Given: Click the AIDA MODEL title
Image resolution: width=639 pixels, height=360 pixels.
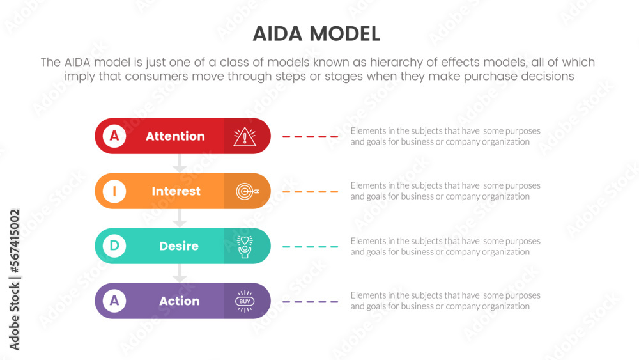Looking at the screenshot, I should pyautogui.click(x=316, y=34).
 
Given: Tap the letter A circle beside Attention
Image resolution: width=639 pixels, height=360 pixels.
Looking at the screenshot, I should pyautogui.click(x=114, y=136).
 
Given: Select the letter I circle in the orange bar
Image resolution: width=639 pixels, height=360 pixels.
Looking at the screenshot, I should pyautogui.click(x=114, y=191).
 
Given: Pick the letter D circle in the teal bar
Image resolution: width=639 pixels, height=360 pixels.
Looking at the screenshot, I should pyautogui.click(x=114, y=246).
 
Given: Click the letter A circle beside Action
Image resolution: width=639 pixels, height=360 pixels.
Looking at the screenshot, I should pyautogui.click(x=114, y=301).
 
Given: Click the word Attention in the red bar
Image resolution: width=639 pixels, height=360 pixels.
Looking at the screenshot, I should pyautogui.click(x=175, y=136).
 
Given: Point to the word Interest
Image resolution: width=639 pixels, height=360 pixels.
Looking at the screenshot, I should pyautogui.click(x=176, y=191).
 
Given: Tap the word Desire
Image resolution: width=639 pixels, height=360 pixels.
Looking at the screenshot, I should pyautogui.click(x=179, y=246).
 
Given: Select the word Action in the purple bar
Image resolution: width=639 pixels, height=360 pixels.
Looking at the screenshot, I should pyautogui.click(x=180, y=301).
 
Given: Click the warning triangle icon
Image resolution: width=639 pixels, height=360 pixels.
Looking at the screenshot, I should pyautogui.click(x=244, y=136).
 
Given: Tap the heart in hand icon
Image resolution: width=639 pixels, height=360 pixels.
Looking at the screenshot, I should pyautogui.click(x=245, y=246).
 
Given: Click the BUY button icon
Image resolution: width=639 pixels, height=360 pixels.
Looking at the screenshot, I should pyautogui.click(x=245, y=301).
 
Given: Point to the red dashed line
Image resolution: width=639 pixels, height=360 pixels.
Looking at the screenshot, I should pyautogui.click(x=311, y=137).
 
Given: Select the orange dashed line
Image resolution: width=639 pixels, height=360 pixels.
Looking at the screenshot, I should pyautogui.click(x=311, y=192).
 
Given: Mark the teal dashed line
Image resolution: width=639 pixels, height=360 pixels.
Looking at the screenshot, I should pyautogui.click(x=311, y=247).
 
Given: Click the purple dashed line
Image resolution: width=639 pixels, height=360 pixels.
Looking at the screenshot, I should pyautogui.click(x=311, y=302).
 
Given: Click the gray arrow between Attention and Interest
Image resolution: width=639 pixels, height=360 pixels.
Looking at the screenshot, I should pyautogui.click(x=180, y=164).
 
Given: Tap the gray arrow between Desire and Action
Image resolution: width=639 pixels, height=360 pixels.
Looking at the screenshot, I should pyautogui.click(x=180, y=274).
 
